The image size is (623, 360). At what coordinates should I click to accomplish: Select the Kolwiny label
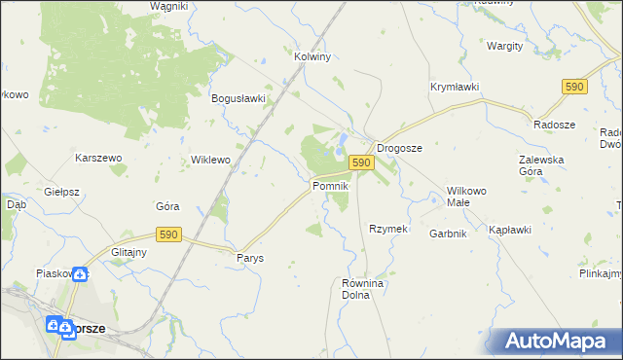tap(313, 56)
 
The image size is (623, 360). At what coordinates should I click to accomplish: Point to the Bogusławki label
tap(238, 98)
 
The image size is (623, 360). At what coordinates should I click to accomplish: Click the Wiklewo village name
tap(210, 159)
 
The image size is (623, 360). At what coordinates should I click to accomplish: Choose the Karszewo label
tap(98, 158)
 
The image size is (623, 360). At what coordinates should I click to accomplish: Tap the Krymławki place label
tap(455, 87)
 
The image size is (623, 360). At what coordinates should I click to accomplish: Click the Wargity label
tap(505, 46)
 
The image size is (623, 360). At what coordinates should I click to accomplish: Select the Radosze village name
tap(554, 125)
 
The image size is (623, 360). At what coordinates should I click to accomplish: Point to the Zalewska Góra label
tap(544, 165)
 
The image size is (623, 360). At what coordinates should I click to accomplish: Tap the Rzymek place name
tap(386, 229)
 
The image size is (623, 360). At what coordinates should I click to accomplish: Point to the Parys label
tap(250, 258)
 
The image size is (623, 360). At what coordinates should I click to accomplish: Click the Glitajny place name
tap(128, 251)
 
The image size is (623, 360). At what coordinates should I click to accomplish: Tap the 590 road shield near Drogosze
tap(361, 162)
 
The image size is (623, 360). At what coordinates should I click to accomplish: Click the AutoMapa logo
tap(556, 342)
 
